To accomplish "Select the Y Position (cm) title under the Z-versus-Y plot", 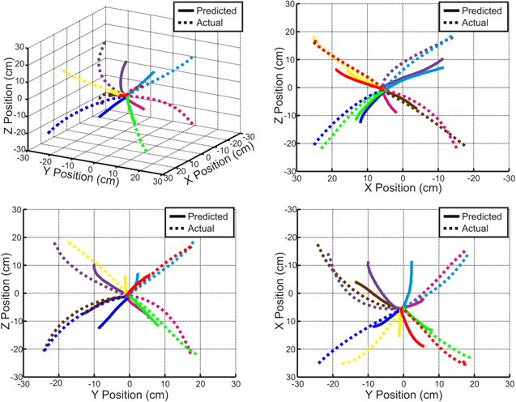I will coord(129,396).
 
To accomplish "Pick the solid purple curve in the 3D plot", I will coord(122,77).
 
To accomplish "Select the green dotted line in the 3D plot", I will coord(139,130).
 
